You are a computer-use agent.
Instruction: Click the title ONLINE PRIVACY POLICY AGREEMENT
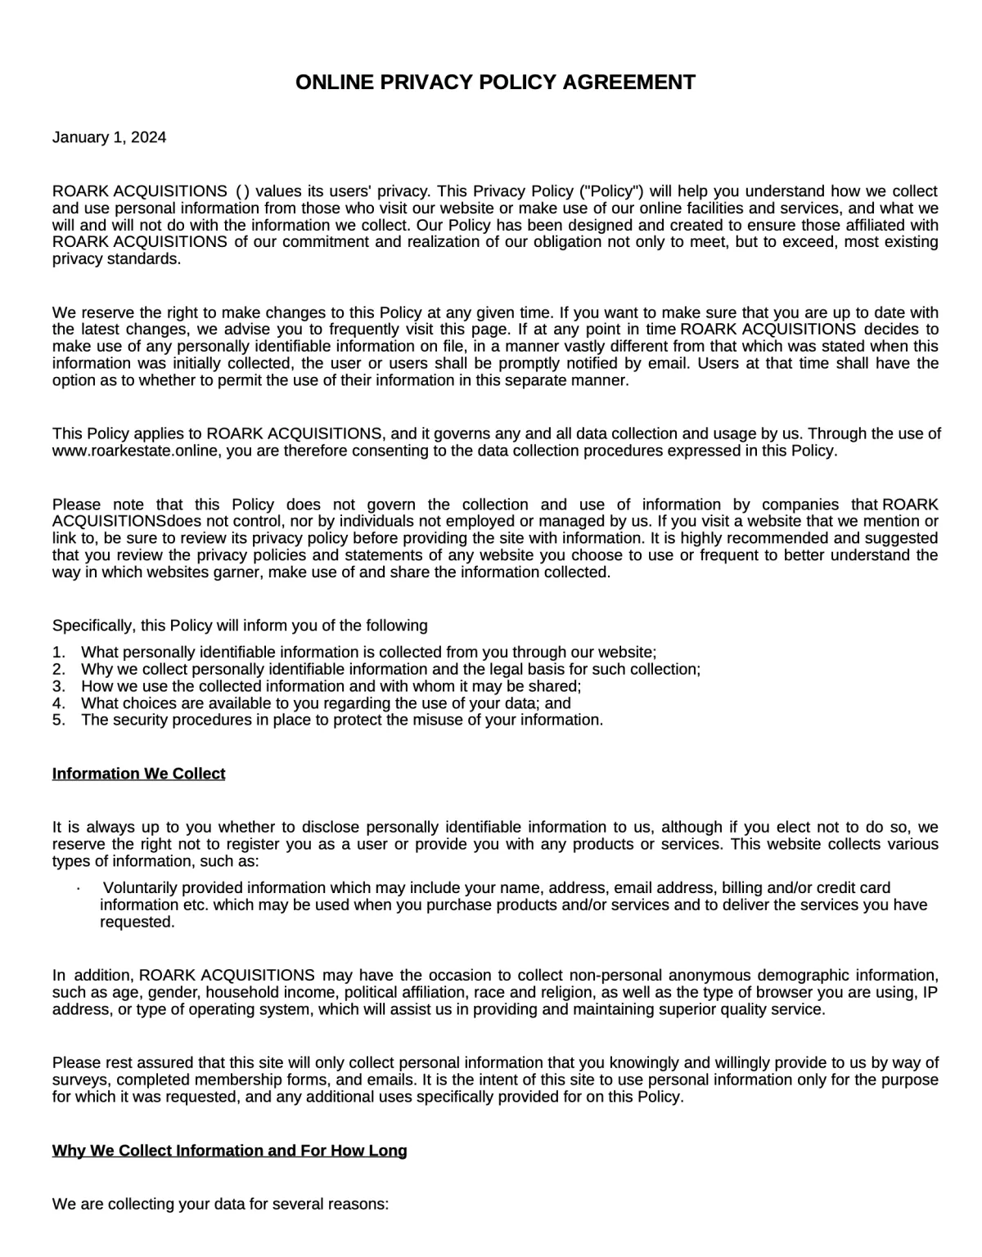pyautogui.click(x=495, y=82)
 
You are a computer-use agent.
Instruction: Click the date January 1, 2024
pyautogui.click(x=109, y=137)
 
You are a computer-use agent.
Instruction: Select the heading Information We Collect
pyautogui.click(x=138, y=774)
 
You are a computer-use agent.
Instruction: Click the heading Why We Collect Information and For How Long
pyautogui.click(x=229, y=1151)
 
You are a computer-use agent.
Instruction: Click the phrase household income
pyautogui.click(x=271, y=993)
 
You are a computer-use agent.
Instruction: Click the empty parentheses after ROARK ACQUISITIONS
pyautogui.click(x=242, y=191)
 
